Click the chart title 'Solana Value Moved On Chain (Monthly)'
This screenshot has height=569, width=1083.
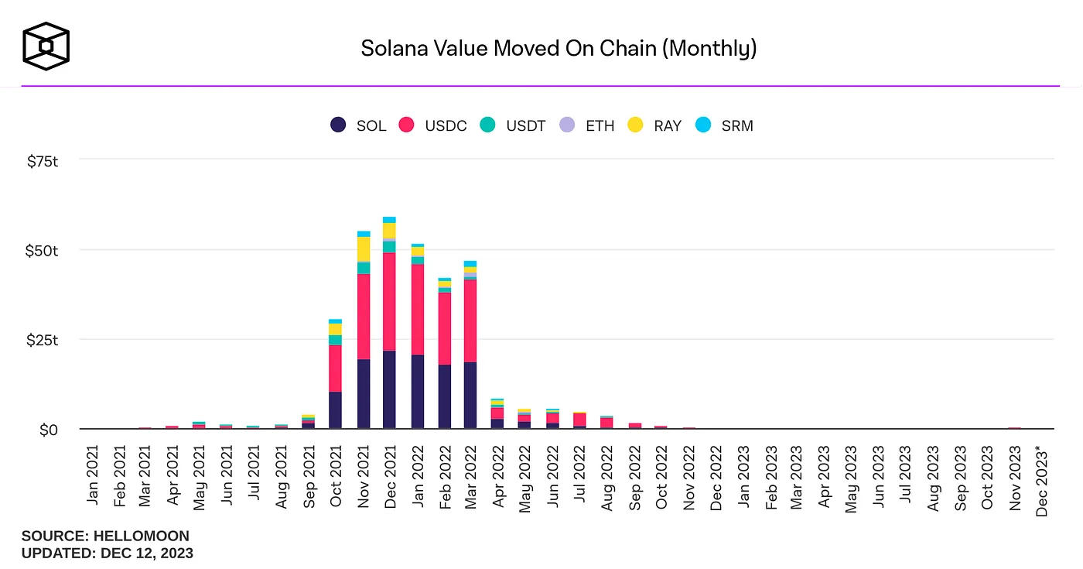click(x=559, y=49)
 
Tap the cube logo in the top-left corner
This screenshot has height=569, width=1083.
click(x=46, y=46)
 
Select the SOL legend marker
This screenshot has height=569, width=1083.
click(x=338, y=125)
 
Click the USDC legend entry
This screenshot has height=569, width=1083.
click(x=432, y=125)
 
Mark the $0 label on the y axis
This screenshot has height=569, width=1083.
click(x=49, y=430)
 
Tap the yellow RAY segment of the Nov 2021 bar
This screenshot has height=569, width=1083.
click(x=363, y=249)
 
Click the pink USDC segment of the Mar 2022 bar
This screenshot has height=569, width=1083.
click(x=470, y=320)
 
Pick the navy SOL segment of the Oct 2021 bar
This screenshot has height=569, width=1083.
click(x=335, y=410)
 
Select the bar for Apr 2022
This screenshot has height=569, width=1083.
click(x=497, y=415)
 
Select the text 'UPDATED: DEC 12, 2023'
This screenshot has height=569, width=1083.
click(x=107, y=554)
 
